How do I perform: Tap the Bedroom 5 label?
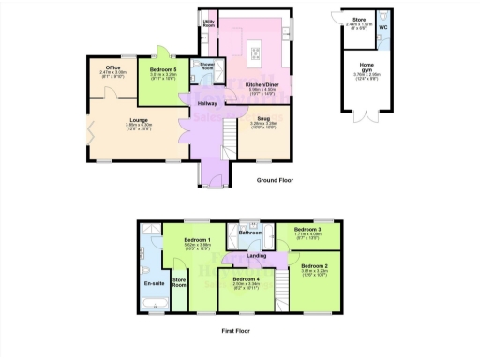point(163,68)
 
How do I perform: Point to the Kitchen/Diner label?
point(259,84)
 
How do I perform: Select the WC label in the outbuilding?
point(383,27)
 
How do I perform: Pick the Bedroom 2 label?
point(314,267)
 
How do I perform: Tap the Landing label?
point(257,255)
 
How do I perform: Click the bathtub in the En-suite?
point(152,300)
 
